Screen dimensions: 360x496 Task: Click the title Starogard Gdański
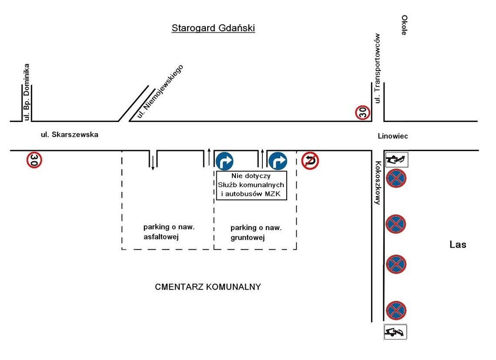click(x=213, y=28)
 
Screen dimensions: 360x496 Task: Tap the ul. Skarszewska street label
click(x=70, y=135)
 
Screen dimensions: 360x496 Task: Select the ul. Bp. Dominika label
click(x=27, y=92)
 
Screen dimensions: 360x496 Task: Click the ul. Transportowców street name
click(x=378, y=68)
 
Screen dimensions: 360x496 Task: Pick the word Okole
click(x=404, y=25)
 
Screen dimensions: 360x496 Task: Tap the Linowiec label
click(x=393, y=136)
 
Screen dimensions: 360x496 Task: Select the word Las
click(x=458, y=245)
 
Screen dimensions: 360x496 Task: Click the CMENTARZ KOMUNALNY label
click(x=208, y=287)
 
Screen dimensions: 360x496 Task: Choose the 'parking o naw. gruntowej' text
click(x=256, y=232)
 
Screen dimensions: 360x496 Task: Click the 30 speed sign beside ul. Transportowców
click(x=362, y=113)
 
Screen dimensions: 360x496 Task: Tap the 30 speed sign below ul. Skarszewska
click(x=34, y=160)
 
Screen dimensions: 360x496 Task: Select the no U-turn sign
click(x=310, y=161)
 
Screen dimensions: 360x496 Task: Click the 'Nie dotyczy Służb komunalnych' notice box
click(x=252, y=185)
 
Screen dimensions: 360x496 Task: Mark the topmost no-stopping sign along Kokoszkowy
click(x=395, y=178)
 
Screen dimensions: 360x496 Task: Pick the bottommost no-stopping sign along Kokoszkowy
click(x=395, y=310)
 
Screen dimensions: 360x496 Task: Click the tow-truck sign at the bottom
click(x=395, y=332)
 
